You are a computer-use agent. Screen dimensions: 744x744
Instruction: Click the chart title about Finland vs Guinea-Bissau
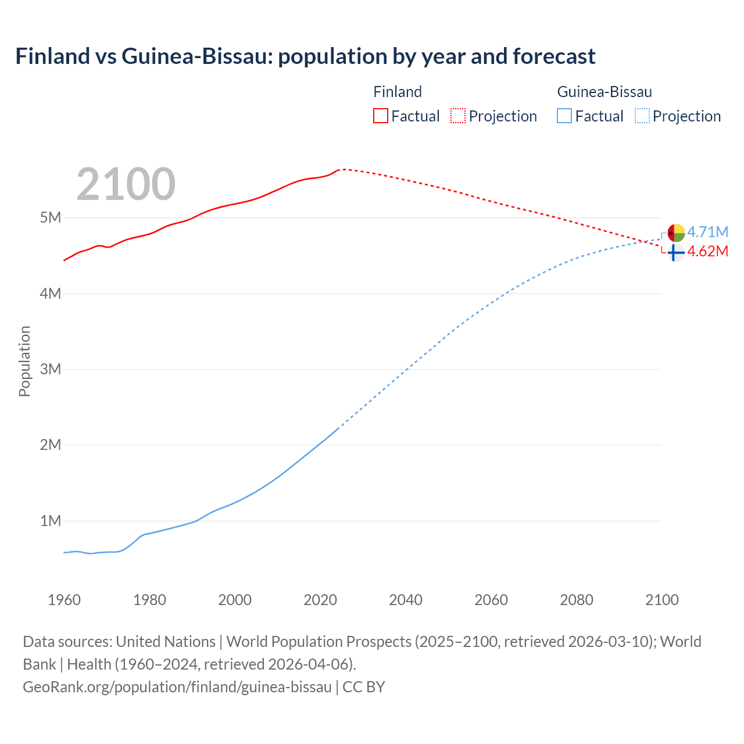pos(305,56)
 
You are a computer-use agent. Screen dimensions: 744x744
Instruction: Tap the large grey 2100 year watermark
pos(126,184)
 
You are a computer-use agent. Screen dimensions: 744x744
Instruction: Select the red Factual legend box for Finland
pos(380,116)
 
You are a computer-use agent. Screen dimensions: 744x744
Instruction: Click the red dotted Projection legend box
pos(458,116)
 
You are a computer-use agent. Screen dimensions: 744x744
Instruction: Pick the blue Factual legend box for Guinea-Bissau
pos(564,116)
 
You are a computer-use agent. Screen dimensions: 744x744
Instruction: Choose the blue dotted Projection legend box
pos(642,116)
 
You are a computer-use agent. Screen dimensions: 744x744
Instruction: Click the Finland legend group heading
pos(398,92)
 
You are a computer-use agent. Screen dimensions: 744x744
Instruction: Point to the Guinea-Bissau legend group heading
pos(604,92)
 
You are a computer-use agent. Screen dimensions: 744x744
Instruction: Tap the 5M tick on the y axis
pos(51,218)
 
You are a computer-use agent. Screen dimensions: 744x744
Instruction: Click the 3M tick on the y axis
pos(51,369)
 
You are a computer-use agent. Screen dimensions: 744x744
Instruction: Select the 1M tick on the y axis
pos(51,521)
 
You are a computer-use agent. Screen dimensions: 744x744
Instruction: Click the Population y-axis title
pos(24,361)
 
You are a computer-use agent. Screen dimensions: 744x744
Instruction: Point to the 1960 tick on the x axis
pos(64,600)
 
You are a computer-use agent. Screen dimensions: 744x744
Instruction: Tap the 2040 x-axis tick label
pos(406,600)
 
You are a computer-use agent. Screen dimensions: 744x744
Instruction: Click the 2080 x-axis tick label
pos(577,600)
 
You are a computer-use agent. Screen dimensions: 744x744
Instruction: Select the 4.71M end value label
pos(707,233)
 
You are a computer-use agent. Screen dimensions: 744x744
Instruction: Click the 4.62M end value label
pos(707,252)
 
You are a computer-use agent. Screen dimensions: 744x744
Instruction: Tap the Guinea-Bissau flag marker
pos(676,233)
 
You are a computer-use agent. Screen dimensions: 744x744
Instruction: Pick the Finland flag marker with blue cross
pos(675,253)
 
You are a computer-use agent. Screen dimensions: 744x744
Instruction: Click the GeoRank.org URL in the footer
pos(177,686)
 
